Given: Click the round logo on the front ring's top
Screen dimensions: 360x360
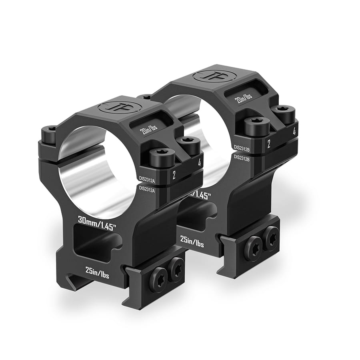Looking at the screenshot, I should pos(120,107).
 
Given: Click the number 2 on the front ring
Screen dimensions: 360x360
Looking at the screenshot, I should pos(174,175).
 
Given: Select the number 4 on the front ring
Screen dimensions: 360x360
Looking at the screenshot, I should pos(199,162).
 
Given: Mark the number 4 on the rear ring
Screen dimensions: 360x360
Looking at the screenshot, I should pos(294,131).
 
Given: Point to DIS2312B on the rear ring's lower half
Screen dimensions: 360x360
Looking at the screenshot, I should pos(242,158).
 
